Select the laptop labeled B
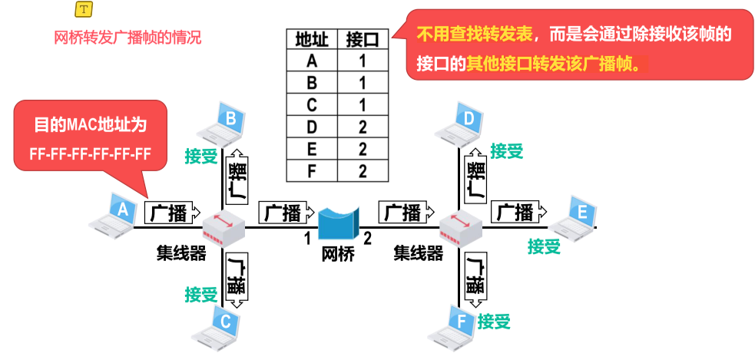tap(224, 125)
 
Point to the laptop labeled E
tap(574, 216)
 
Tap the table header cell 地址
tap(311, 38)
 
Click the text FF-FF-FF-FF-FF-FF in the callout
tap(90, 154)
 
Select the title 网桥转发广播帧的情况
tap(127, 37)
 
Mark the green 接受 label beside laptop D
tap(506, 151)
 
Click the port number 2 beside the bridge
tap(368, 239)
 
